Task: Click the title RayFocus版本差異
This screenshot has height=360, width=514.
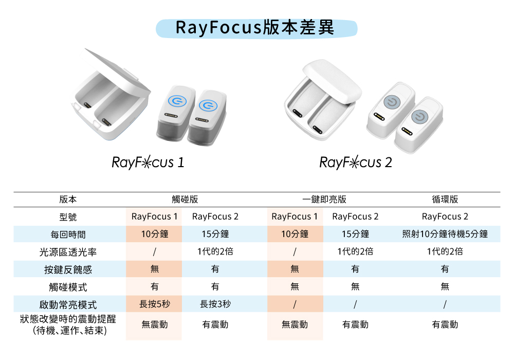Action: point(255,28)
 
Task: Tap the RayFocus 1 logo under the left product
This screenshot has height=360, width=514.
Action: point(148,163)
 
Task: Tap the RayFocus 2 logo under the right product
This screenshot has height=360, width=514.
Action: point(356,163)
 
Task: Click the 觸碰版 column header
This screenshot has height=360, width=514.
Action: point(185,200)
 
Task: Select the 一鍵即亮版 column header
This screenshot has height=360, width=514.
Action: point(324,200)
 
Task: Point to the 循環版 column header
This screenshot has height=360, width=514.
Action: point(445,200)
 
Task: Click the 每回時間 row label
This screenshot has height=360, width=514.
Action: point(68,235)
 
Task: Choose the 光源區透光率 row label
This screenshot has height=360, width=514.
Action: point(68,252)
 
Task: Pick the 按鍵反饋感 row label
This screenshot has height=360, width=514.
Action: point(68,269)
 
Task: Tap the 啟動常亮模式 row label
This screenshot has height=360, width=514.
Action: point(68,304)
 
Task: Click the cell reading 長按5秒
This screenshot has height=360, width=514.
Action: point(154,304)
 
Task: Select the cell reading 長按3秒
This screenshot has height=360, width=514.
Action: point(215,304)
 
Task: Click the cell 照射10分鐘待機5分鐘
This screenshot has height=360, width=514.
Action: point(445,234)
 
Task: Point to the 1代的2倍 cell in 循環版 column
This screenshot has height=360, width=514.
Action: point(445,251)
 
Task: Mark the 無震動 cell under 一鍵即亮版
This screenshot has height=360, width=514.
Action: point(295,325)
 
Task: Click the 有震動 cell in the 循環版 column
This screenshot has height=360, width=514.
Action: point(445,325)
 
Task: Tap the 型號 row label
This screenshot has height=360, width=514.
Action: point(68,217)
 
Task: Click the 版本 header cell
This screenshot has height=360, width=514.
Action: point(68,200)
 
